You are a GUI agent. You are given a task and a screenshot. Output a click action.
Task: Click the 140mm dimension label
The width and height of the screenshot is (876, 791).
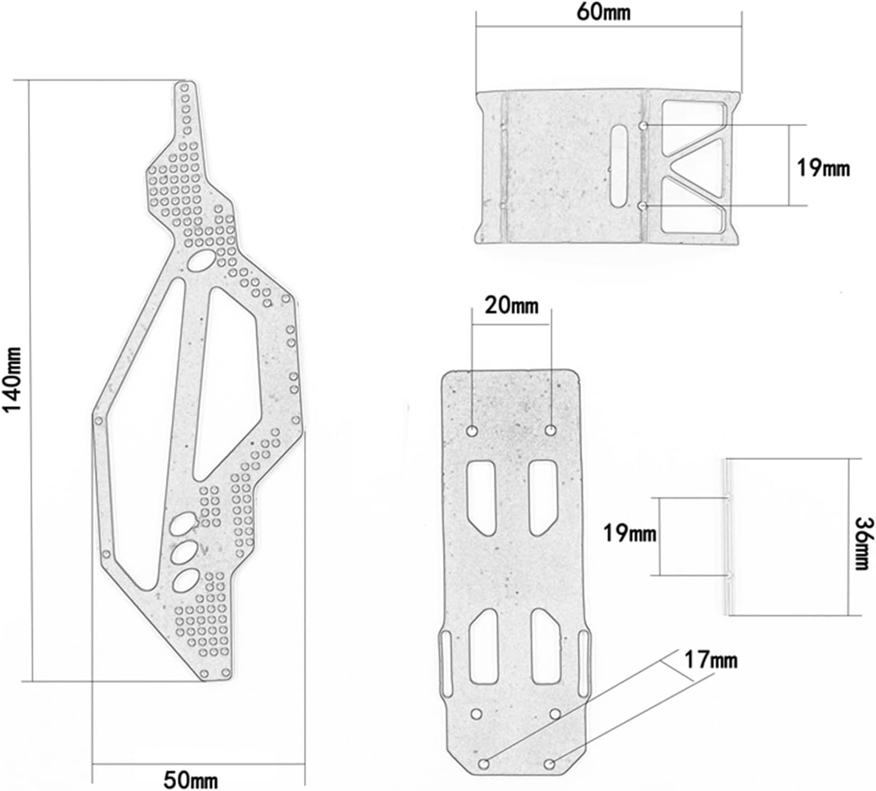pyautogui.click(x=11, y=380)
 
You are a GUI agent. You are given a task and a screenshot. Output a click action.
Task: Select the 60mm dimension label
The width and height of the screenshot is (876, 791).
pyautogui.click(x=604, y=12)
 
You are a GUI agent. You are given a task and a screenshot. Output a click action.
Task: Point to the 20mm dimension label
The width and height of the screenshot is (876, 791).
pyautogui.click(x=511, y=306)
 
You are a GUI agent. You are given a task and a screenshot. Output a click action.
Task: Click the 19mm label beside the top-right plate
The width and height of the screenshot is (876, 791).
pyautogui.click(x=823, y=167)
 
